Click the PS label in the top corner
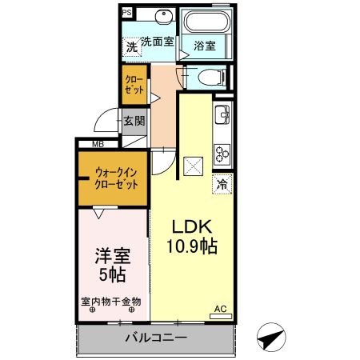point(126,14)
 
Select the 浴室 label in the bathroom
point(204,46)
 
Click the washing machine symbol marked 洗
point(131,47)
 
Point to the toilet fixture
point(209,78)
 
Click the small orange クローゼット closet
point(134,86)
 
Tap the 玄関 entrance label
point(134,122)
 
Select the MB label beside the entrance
point(98,144)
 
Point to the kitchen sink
point(222,117)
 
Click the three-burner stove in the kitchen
point(222,150)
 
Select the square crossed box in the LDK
point(192,166)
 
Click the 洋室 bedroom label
point(112,258)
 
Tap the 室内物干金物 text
point(111,302)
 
